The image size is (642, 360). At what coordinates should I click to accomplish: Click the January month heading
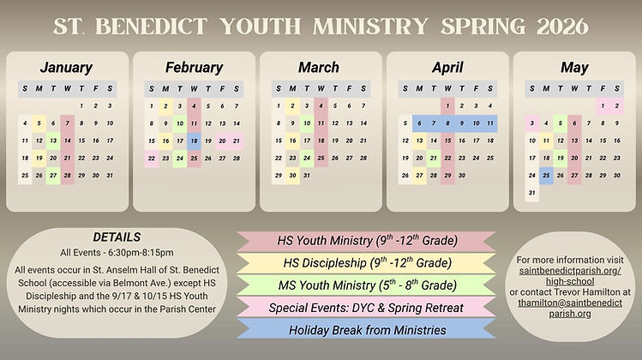pos(66,67)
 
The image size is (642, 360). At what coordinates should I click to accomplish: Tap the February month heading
pos(194,67)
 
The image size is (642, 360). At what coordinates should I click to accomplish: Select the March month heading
pos(320,67)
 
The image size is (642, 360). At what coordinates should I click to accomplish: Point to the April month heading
pos(447,67)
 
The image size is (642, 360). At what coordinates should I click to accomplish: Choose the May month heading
pos(573,67)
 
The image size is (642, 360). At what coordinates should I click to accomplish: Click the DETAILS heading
pos(116,236)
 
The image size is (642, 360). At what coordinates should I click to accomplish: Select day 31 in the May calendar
pos(532,192)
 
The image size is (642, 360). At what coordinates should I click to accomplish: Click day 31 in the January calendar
pos(109,176)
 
